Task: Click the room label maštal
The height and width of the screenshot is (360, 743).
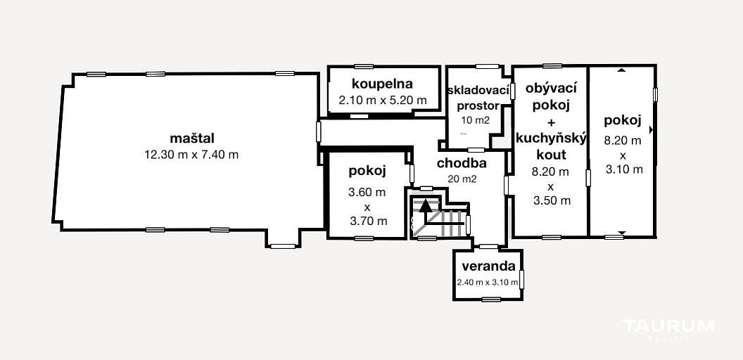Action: pyautogui.click(x=192, y=139)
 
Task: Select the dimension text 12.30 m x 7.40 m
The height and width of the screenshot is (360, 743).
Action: pyautogui.click(x=191, y=155)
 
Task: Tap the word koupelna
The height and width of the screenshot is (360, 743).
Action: pyautogui.click(x=382, y=84)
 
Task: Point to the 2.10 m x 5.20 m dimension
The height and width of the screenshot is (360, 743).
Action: pyautogui.click(x=382, y=101)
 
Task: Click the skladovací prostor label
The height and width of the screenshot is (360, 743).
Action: pyautogui.click(x=478, y=97)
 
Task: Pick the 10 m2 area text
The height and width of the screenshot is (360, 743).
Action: pyautogui.click(x=475, y=120)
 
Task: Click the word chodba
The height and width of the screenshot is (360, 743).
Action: pyautogui.click(x=462, y=163)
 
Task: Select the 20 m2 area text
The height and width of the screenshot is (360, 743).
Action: pyautogui.click(x=462, y=179)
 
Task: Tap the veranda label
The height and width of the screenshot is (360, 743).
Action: pyautogui.click(x=488, y=266)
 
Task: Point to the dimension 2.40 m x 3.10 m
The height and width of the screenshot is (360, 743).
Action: pyautogui.click(x=488, y=283)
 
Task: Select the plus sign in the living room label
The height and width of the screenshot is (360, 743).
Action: pyautogui.click(x=551, y=122)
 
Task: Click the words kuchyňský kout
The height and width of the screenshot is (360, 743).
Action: pyautogui.click(x=551, y=146)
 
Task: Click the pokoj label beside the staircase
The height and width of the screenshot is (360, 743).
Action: pyautogui.click(x=368, y=171)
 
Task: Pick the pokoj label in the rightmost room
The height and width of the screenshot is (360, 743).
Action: pyautogui.click(x=623, y=120)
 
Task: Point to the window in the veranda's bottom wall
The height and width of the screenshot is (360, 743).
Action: pyautogui.click(x=491, y=299)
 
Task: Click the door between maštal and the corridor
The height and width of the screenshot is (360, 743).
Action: pyautogui.click(x=319, y=131)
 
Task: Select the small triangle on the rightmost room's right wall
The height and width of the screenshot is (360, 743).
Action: pyautogui.click(x=652, y=129)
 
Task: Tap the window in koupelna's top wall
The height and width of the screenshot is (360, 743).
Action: pyautogui.click(x=364, y=66)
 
